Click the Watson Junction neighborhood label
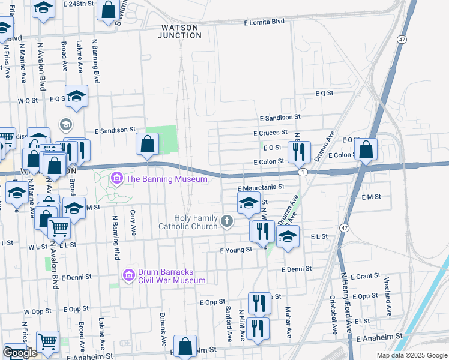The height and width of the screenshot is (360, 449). click(x=179, y=31)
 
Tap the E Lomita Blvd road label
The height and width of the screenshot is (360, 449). click(x=264, y=22)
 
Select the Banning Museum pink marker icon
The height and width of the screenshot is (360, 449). click(x=116, y=178)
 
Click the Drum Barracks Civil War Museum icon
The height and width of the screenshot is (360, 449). click(x=128, y=275)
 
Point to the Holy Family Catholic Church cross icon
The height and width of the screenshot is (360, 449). click(x=227, y=221)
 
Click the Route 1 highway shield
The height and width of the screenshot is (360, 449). click(x=304, y=172)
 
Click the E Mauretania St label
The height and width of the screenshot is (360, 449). click(x=264, y=187)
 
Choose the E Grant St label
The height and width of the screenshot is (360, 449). click(x=364, y=277)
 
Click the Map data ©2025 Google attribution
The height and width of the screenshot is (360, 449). click(x=411, y=355)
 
